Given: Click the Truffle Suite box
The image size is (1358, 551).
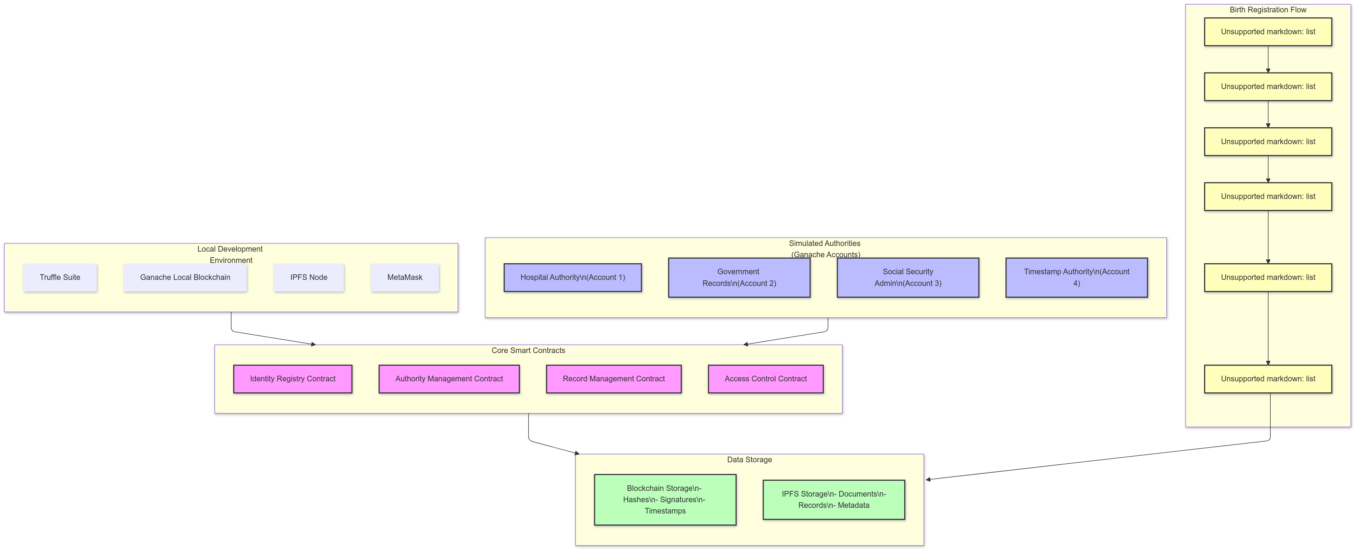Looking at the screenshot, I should tap(59, 277).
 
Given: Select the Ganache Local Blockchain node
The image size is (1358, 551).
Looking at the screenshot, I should tap(185, 277).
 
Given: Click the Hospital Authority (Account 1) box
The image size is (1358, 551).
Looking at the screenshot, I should tap(573, 277).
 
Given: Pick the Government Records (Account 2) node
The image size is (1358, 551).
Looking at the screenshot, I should tap(738, 277).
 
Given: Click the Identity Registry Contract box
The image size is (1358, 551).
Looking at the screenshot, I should tap(292, 379).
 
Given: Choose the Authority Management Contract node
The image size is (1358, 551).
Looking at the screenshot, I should tap(449, 379).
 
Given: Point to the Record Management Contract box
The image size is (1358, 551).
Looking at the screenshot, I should tap(614, 379).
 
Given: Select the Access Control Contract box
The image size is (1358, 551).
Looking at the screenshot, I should tap(765, 379).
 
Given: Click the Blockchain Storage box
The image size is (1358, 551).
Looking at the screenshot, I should tap(665, 499).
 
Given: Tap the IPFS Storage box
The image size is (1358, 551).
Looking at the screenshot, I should tap(834, 499).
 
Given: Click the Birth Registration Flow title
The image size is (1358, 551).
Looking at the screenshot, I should tap(1268, 10).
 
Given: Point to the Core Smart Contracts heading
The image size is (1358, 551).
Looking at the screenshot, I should tap(528, 350).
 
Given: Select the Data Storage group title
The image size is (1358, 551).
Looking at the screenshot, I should tap(749, 459).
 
